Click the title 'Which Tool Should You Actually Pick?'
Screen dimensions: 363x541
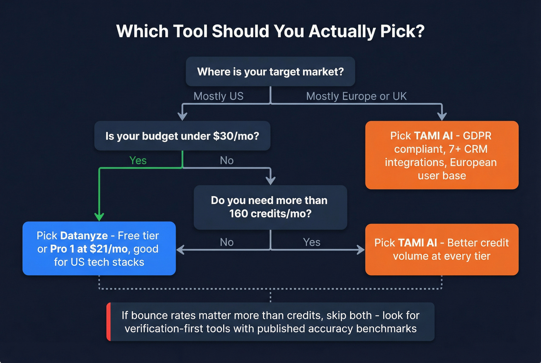[x=270, y=31]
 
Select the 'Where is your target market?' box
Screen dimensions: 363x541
[x=270, y=72]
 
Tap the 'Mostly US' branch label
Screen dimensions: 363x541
[x=218, y=96]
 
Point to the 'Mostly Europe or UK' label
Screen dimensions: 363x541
[x=356, y=96]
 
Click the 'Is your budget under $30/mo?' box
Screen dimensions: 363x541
[x=182, y=136]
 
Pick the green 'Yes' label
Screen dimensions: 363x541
[x=138, y=160]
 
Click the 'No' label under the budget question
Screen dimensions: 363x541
[x=227, y=160]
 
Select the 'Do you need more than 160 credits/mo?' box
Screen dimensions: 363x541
[x=270, y=207]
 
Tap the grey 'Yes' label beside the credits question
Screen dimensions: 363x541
[x=311, y=242]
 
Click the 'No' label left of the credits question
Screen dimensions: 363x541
[x=227, y=242]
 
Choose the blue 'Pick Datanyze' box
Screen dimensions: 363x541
[x=99, y=249]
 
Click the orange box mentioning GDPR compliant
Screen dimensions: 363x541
[x=442, y=155]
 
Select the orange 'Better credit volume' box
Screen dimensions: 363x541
[x=442, y=249]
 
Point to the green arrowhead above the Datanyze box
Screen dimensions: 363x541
[x=99, y=217]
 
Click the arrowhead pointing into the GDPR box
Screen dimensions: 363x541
[x=442, y=116]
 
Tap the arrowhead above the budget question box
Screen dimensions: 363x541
[x=182, y=116]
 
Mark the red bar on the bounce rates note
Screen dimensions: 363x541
[x=109, y=322]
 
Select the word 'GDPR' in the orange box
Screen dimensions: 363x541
[x=477, y=136]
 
